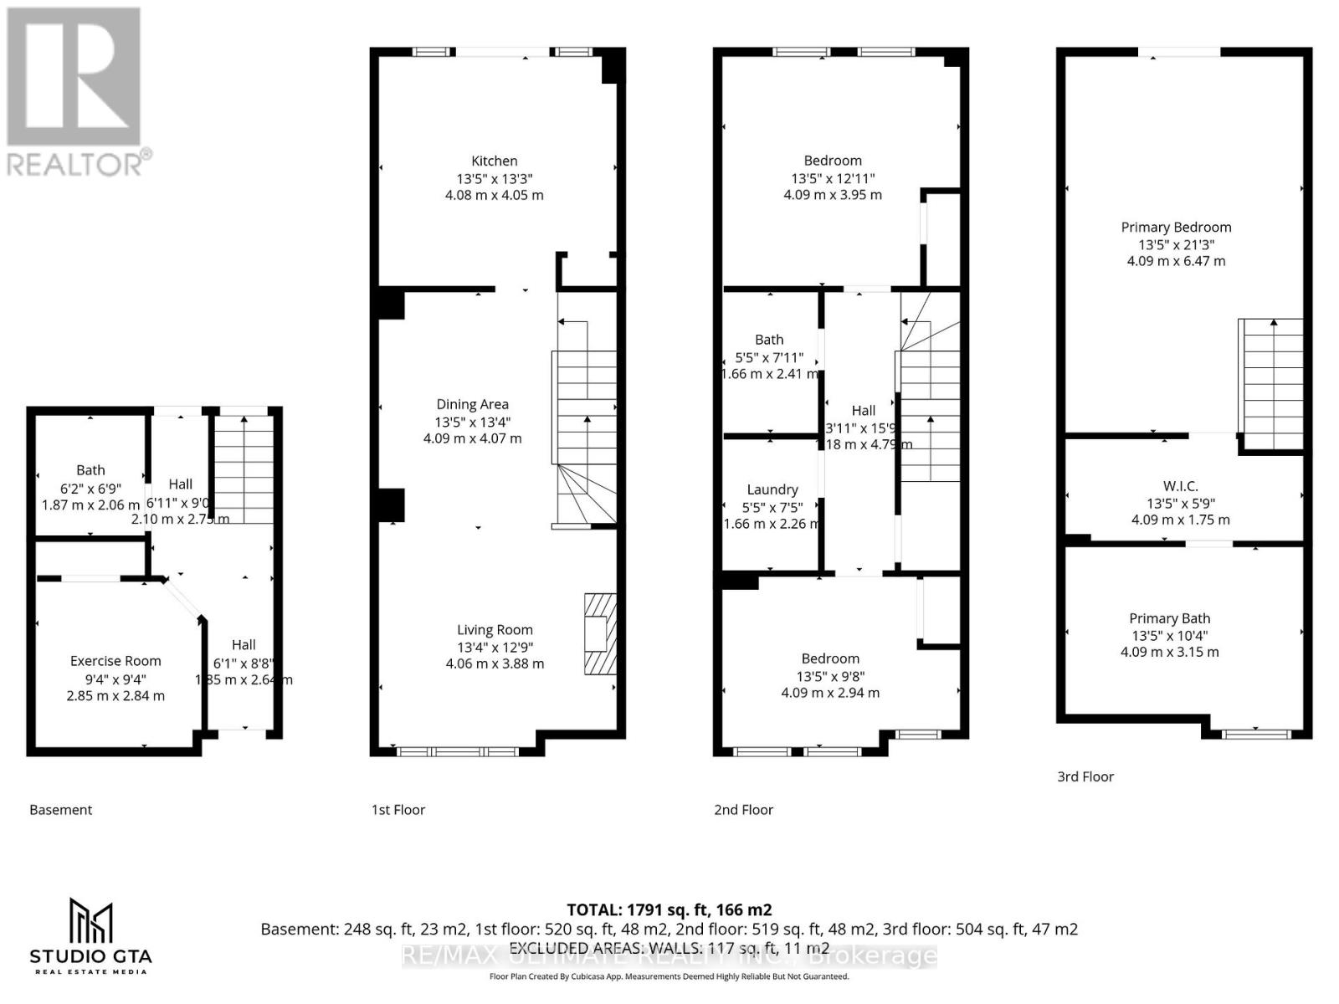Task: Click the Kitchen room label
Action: [494, 161]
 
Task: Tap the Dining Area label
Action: [472, 404]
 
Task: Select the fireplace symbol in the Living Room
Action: [599, 633]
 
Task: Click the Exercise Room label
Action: [115, 661]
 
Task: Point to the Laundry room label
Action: [772, 489]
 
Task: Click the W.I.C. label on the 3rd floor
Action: [1180, 486]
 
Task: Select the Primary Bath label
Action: [1169, 618]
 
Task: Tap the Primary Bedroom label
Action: [1176, 227]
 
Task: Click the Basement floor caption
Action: [60, 810]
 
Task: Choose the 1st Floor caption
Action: [398, 810]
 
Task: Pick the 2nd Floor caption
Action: [743, 810]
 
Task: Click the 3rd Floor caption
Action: [1085, 776]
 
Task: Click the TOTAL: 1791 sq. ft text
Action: [669, 909]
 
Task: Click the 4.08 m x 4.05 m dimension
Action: [494, 195]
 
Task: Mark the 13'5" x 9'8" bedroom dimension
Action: [830, 676]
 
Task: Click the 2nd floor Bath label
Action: [769, 340]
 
